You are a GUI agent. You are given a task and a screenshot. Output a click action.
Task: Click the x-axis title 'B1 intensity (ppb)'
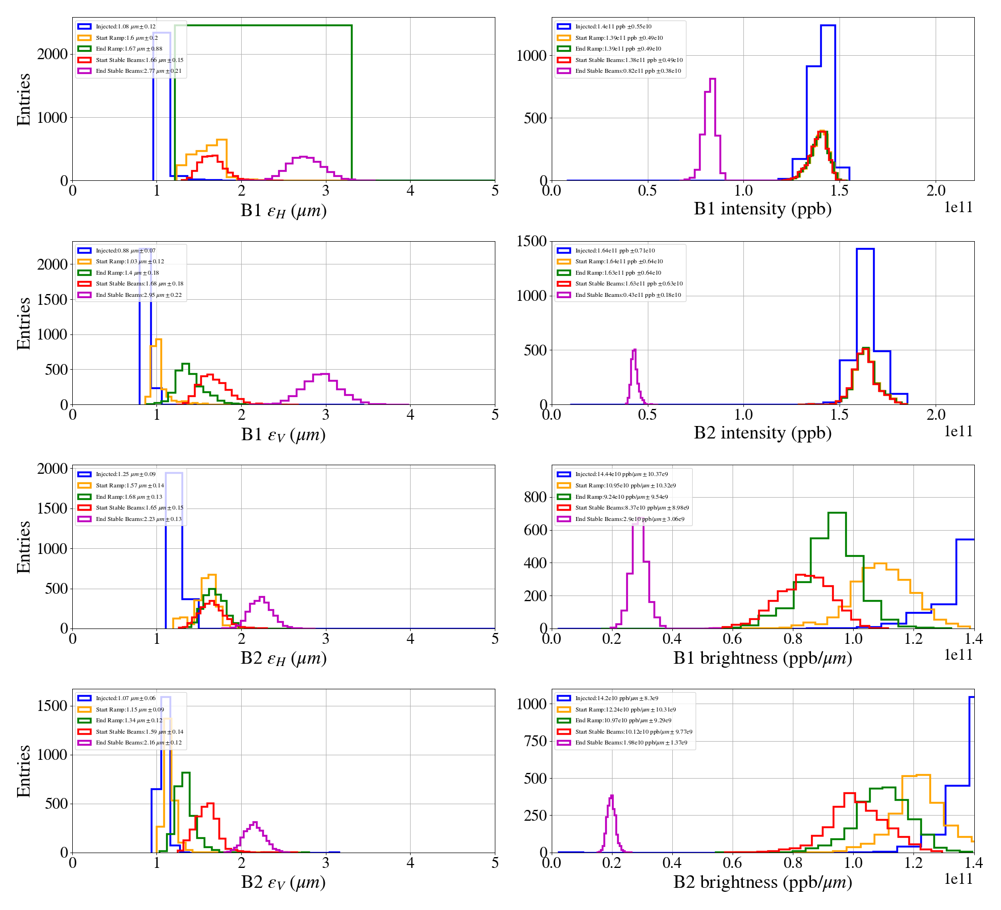[762, 209]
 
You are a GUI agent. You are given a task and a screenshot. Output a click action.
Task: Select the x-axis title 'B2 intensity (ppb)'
[762, 433]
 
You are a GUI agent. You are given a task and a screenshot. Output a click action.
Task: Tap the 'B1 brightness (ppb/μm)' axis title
[762, 658]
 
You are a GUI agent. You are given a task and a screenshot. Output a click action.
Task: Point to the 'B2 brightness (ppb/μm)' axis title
[762, 882]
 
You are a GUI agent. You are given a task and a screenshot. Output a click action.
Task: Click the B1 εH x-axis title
[283, 210]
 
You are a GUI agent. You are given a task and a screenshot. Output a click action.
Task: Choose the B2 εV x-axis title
[283, 883]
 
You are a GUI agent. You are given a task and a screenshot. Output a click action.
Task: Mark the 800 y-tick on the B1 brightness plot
[535, 497]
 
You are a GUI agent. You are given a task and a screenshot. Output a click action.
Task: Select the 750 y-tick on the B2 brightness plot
[535, 741]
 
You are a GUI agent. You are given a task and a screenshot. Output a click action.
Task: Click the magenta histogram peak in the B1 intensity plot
[712, 79]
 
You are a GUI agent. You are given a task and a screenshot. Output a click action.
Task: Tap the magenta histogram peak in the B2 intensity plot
[634, 350]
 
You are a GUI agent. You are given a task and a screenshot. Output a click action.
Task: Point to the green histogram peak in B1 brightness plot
[837, 513]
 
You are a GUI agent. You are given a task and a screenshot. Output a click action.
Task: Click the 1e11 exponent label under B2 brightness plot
[958, 879]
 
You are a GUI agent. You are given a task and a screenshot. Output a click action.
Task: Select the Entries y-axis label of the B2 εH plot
[23, 547]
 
